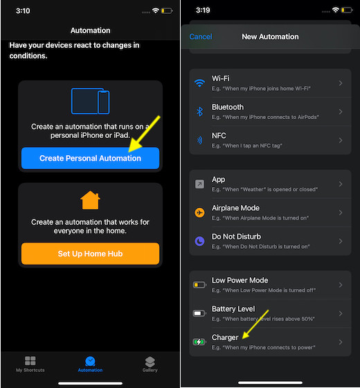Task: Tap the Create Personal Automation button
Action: (90, 158)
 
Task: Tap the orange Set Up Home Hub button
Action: (90, 254)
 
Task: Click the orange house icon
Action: (90, 200)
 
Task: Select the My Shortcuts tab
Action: (30, 364)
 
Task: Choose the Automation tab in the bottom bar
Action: (90, 364)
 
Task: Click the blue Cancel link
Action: (201, 37)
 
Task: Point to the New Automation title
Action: (270, 37)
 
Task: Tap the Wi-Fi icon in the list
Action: (199, 83)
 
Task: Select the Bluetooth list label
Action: (228, 107)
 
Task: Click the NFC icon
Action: (199, 139)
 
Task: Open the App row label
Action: (218, 179)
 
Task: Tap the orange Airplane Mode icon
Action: (199, 212)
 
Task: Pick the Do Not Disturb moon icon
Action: (199, 240)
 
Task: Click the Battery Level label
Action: (233, 309)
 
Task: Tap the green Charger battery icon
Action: (199, 342)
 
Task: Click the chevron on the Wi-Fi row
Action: (340, 83)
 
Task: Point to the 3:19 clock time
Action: (203, 10)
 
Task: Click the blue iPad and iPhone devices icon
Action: (90, 101)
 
